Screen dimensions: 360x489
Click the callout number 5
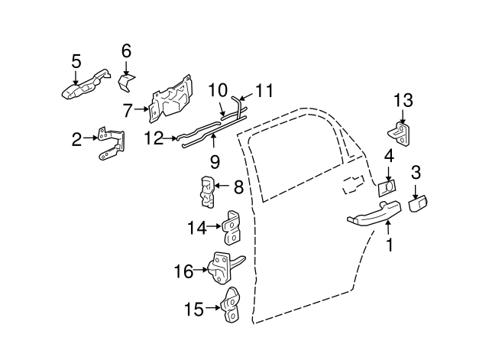point(76,60)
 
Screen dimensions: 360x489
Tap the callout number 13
point(403,100)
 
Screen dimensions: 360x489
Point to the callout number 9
point(215,161)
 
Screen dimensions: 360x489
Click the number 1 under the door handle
point(390,245)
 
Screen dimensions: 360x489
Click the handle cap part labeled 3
point(419,203)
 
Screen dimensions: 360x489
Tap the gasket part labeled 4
point(387,186)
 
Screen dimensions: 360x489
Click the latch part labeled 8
point(206,191)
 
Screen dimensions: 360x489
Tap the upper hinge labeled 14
point(232,226)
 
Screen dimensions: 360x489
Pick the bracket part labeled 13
point(403,131)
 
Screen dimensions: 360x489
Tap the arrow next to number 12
point(171,139)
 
